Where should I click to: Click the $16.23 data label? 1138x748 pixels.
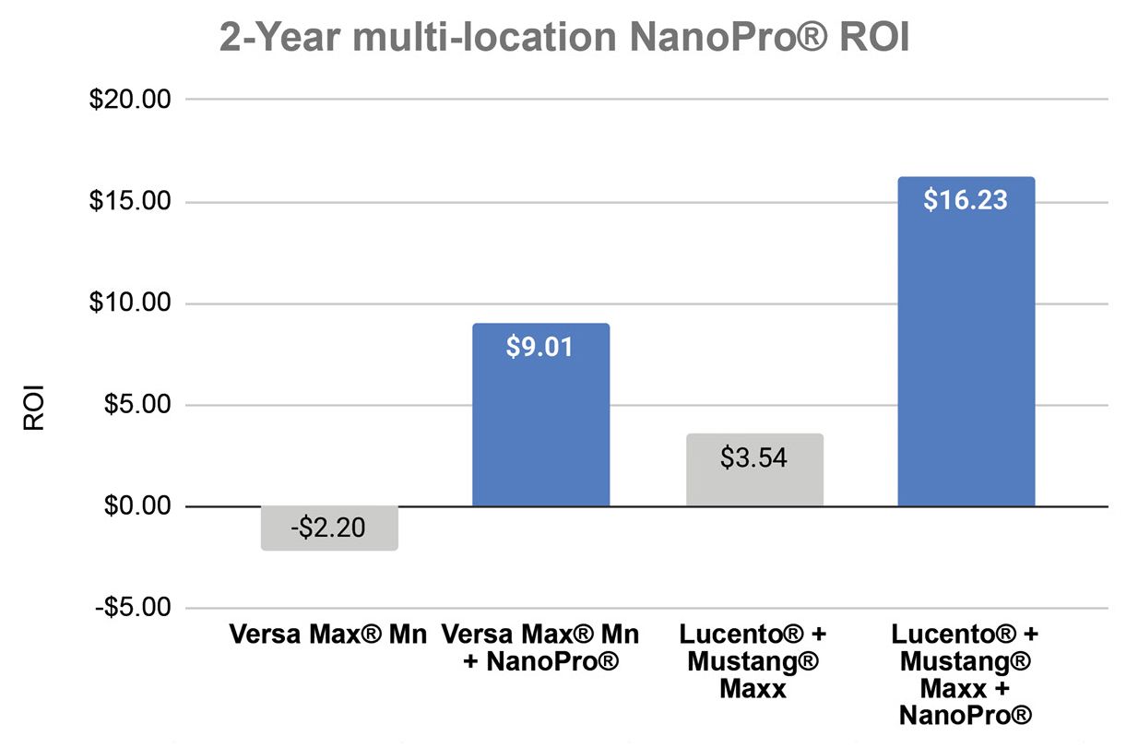pyautogui.click(x=966, y=200)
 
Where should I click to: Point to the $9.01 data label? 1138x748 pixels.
pyautogui.click(x=540, y=347)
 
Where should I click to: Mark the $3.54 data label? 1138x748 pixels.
pyautogui.click(x=754, y=457)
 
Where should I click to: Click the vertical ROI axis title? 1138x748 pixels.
pyautogui.click(x=34, y=413)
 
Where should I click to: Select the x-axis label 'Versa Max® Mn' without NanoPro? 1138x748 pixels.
pyautogui.click(x=328, y=635)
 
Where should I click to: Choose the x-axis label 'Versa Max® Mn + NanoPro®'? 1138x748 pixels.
pyautogui.click(x=540, y=648)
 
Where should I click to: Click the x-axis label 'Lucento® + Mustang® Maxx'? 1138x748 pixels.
pyautogui.click(x=753, y=661)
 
